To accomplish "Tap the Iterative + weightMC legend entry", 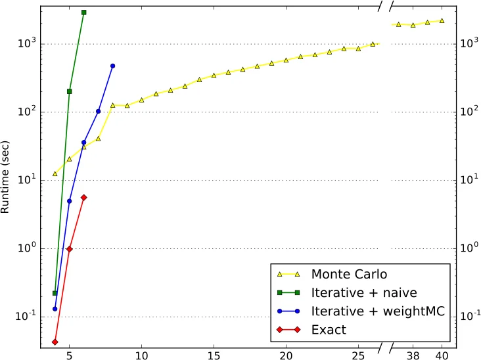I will [378, 311].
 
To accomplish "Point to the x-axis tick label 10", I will [141, 354].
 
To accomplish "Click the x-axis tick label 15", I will [214, 354].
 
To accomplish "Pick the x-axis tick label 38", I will [413, 354].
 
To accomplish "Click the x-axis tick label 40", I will [442, 354].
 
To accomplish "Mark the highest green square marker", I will [84, 12].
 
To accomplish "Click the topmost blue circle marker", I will [113, 66].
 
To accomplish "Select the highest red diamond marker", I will [84, 197].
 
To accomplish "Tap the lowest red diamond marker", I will [55, 342].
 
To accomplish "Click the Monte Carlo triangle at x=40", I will [442, 20].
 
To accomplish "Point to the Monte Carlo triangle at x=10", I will [141, 99].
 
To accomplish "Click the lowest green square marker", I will [55, 293].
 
